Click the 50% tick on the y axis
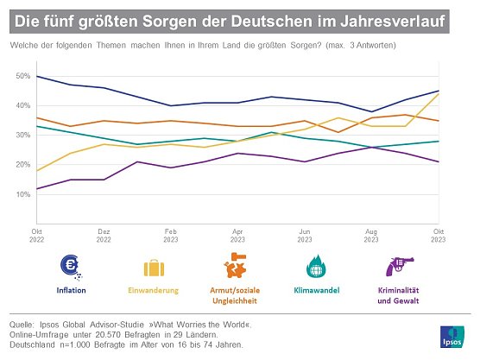[x=22, y=77]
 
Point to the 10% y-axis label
[x=22, y=194]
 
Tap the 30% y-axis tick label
[x=22, y=136]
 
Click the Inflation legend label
[x=70, y=290]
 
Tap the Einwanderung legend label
[x=155, y=290]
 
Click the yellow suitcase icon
[x=155, y=266]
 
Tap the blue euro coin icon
[x=70, y=266]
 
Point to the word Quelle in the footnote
[x=23, y=325]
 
